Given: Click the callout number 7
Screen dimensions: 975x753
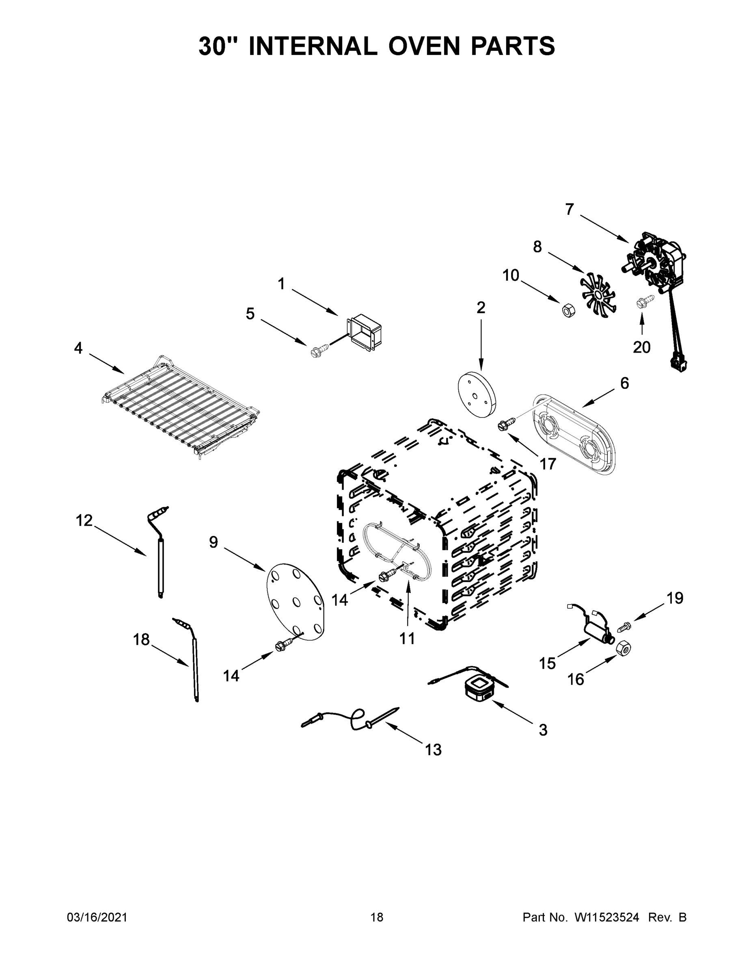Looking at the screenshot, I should point(569,209).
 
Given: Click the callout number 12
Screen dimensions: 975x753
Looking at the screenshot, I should point(84,520).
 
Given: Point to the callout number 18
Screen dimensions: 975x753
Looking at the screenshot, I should point(141,640).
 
